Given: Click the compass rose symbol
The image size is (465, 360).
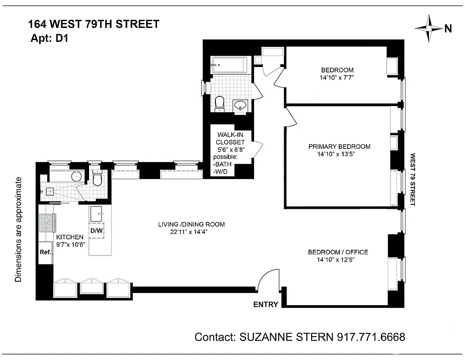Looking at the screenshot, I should coord(429,28).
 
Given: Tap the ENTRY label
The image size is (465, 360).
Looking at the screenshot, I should coord(265,305).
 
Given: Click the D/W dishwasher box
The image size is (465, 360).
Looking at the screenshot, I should coord(97,231).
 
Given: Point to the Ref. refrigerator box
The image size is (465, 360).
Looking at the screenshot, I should coord(45,252).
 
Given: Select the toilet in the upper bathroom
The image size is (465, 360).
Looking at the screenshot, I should coord(220,103).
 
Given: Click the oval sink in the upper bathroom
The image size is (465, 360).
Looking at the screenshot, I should coord(241,106).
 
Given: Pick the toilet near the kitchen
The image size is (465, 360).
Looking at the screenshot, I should coord(97,178).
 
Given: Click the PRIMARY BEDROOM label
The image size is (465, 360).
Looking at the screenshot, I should coord(339,147).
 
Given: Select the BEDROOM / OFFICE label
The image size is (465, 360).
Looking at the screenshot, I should coord(338,252).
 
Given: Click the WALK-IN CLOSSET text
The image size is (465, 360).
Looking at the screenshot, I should coord(231,139).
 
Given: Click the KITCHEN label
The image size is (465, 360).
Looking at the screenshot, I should coord(70,237).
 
